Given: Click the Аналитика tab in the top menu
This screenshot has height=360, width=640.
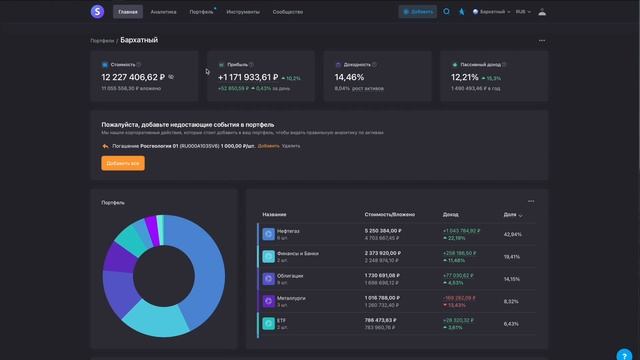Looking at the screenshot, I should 163,12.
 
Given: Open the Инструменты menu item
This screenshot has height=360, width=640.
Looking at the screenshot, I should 243,12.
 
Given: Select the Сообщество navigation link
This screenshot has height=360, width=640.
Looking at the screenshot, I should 288,12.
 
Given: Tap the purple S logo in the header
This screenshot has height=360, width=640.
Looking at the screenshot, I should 96,12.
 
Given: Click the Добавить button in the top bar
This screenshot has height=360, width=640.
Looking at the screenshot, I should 418,12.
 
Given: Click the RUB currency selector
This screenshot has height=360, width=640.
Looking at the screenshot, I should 523,12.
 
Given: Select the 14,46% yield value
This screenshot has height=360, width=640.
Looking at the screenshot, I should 349,76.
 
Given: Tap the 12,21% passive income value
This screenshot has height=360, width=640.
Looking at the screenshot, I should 465,76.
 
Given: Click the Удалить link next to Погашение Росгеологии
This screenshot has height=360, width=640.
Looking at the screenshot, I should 290,146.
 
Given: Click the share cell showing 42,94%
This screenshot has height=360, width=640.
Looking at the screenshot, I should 512,234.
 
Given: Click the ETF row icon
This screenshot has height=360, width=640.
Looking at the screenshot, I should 268,323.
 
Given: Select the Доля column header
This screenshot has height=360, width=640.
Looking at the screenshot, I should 510,215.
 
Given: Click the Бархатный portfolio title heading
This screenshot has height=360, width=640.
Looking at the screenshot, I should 138,40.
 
